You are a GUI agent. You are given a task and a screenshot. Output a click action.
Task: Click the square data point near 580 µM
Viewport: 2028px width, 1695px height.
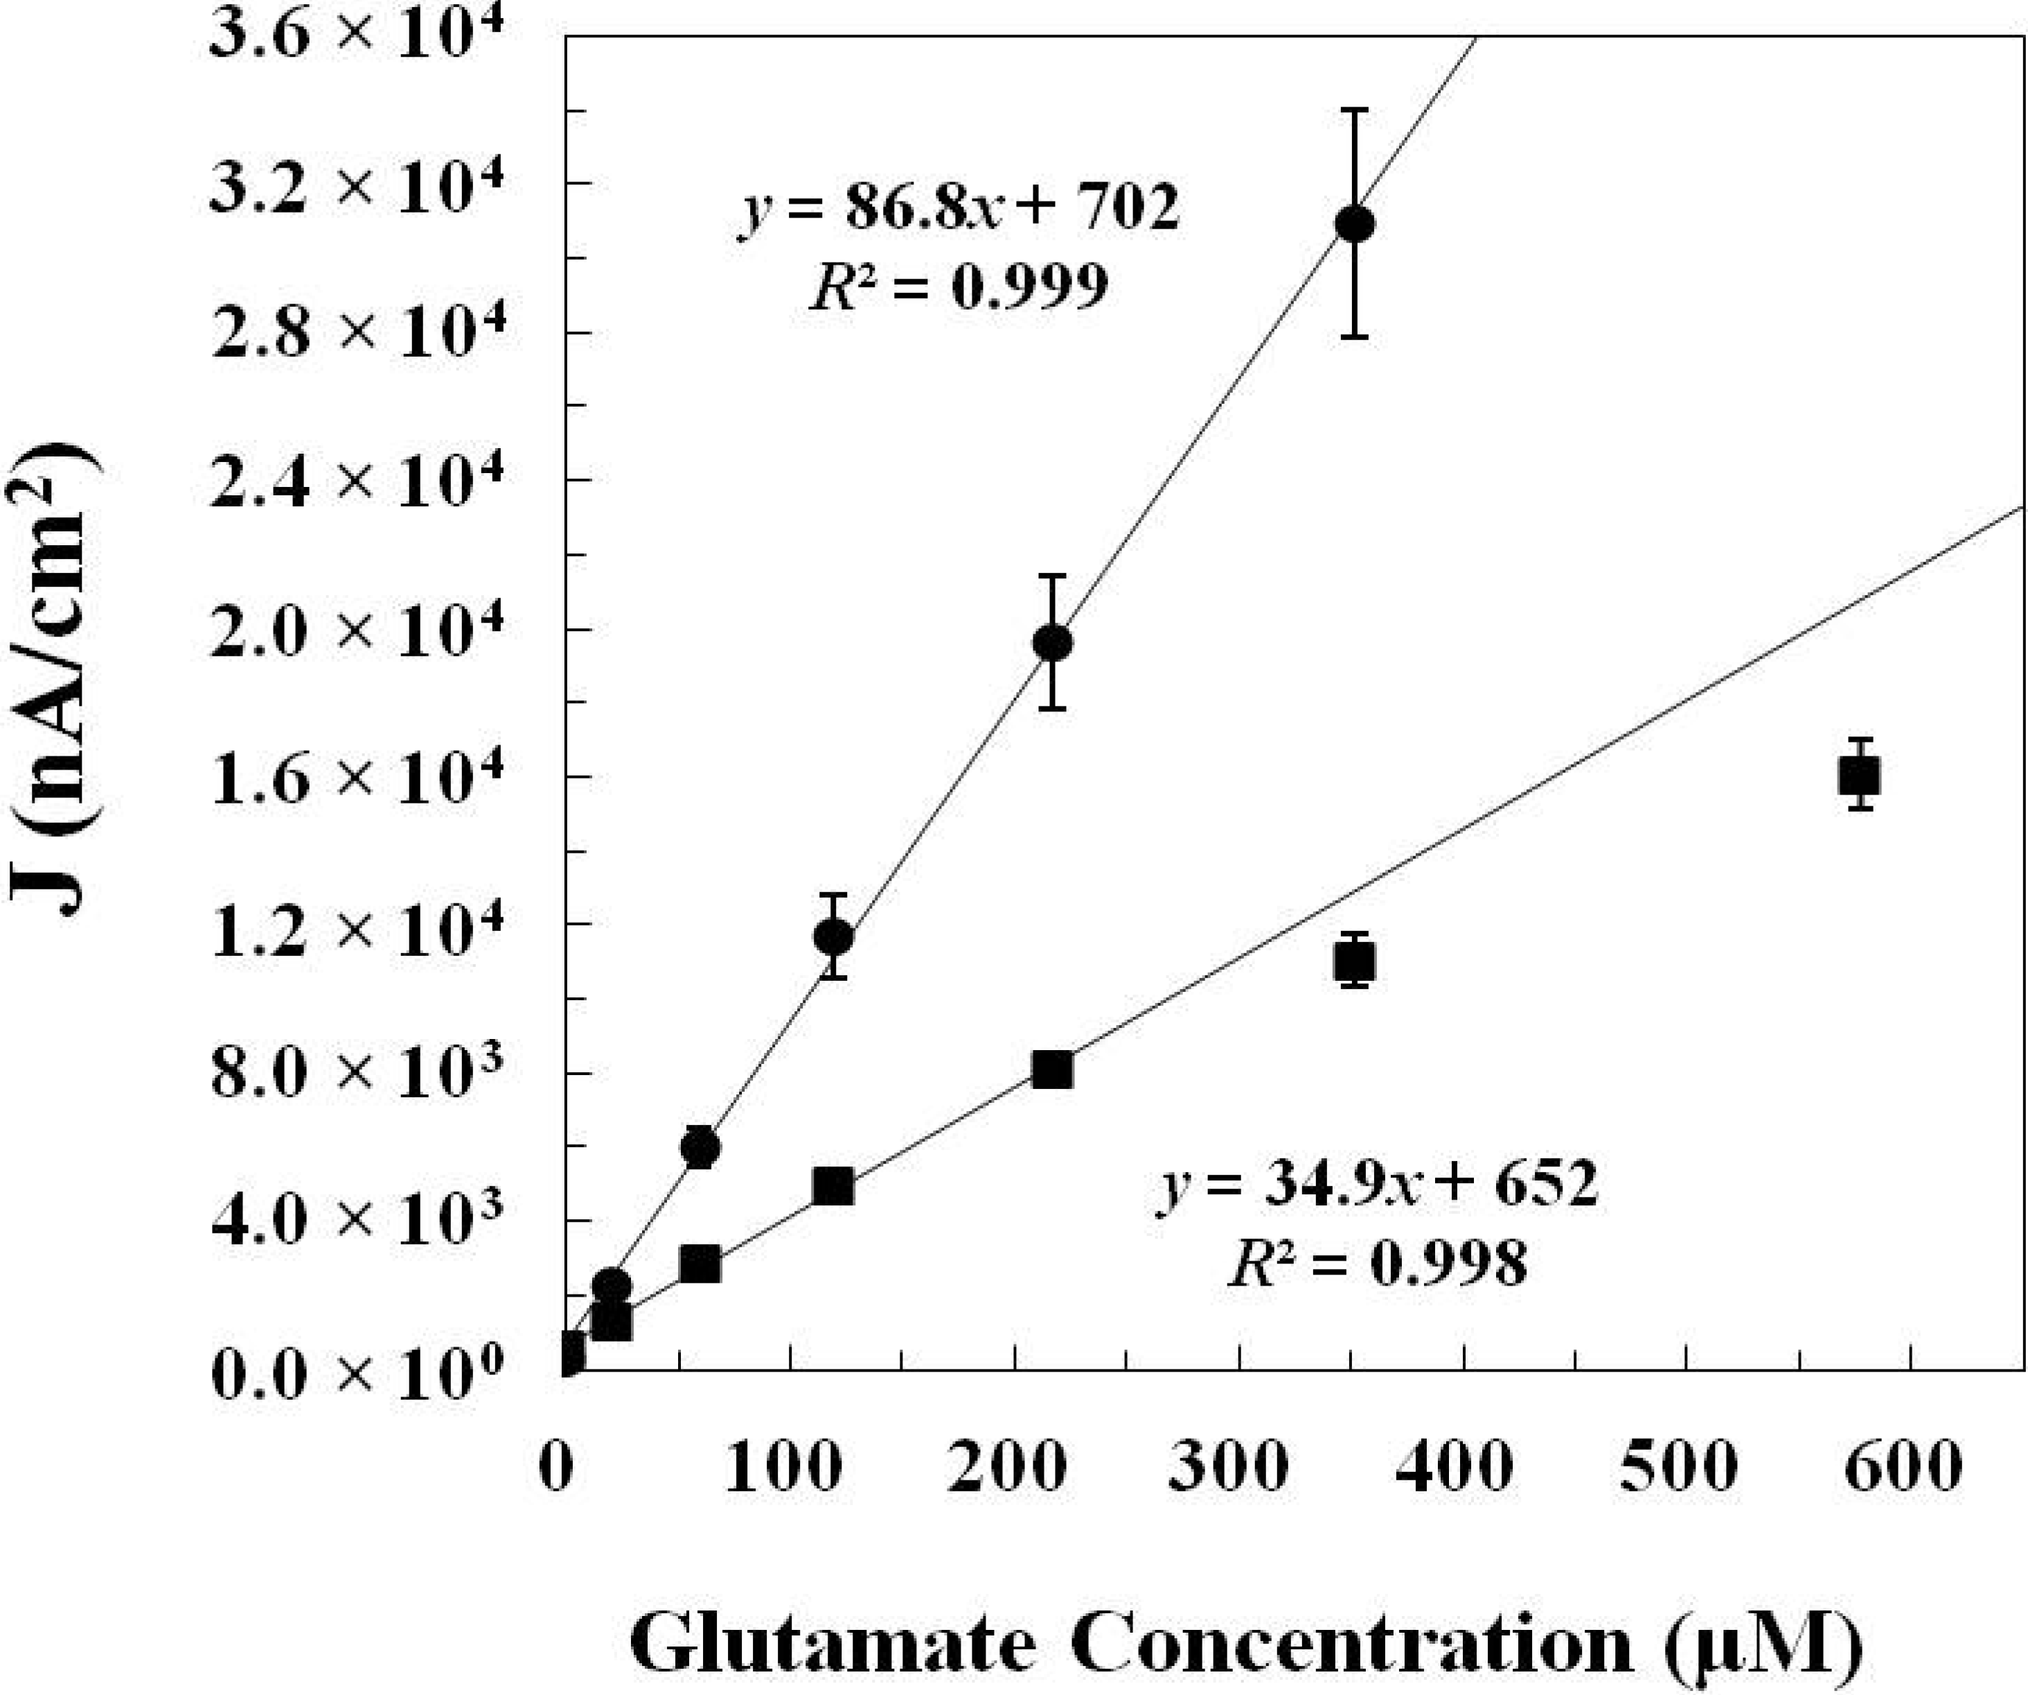[1859, 774]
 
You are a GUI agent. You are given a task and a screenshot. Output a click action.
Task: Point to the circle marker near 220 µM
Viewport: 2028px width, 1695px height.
[1053, 642]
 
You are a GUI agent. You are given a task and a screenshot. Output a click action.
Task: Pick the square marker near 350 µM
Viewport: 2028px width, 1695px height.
[1355, 962]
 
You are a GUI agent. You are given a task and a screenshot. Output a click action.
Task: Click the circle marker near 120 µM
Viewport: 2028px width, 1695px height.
[833, 937]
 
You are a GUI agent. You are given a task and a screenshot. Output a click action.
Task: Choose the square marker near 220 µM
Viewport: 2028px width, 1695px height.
[1051, 1070]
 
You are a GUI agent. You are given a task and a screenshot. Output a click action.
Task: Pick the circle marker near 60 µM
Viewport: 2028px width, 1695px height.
[700, 1147]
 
